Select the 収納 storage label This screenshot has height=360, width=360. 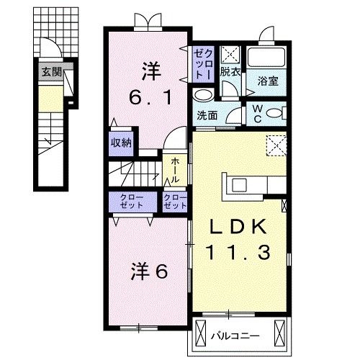(x=121, y=142)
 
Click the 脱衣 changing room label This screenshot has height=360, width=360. (x=230, y=72)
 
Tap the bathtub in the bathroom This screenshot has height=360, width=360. (x=268, y=58)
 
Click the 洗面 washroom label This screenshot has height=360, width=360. (x=208, y=115)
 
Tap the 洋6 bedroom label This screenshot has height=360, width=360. (x=149, y=272)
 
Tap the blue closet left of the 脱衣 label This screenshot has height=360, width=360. (x=202, y=63)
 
